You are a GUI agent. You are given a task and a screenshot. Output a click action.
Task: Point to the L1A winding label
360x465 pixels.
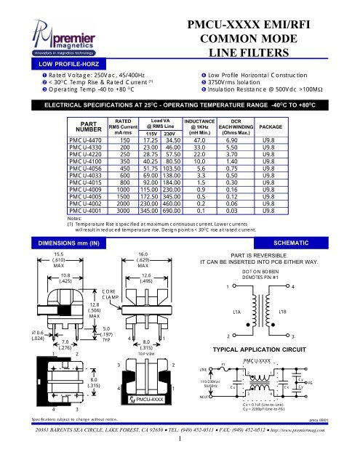237,351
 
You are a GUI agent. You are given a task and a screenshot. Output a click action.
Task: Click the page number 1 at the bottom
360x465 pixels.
179,458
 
